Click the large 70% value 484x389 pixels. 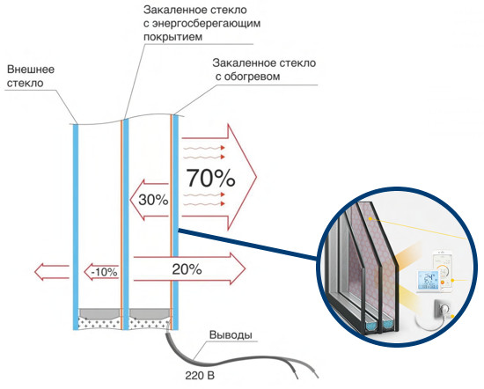coord(210,178)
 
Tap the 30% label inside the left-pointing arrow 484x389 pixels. coord(153,200)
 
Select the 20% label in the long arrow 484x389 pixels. coord(187,269)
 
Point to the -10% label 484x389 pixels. coord(105,272)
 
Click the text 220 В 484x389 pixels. coord(200,376)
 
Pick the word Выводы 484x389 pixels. coord(231,334)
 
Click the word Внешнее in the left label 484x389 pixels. coord(31,70)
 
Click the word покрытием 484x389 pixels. coord(172,37)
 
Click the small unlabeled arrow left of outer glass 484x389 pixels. coord(51,272)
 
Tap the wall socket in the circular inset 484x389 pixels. coord(443,308)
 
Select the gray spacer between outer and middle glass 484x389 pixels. coord(99,313)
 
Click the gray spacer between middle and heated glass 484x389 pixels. coord(150,313)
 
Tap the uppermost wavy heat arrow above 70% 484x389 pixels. coord(204,148)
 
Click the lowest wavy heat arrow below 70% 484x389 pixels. coord(204,203)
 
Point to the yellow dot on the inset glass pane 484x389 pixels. coord(370,218)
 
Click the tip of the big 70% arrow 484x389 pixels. coord(256,177)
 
